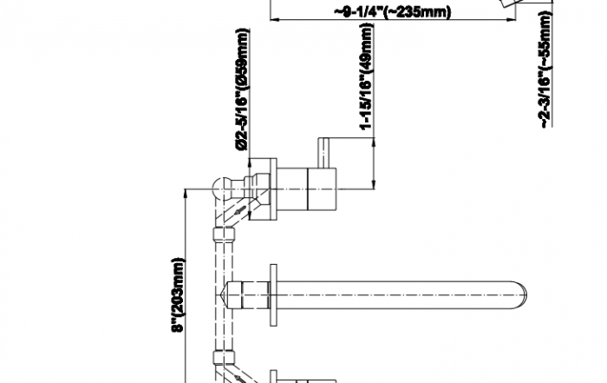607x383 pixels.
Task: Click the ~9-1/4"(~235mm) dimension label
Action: point(393,11)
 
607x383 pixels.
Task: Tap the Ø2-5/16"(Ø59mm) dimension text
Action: point(242,89)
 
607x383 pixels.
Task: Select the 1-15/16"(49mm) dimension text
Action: point(366,76)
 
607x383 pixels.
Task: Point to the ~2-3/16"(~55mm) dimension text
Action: point(545,69)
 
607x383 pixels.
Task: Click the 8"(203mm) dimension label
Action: point(179,294)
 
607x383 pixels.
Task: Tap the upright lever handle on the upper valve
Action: point(323,153)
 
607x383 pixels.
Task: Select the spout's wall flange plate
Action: point(273,295)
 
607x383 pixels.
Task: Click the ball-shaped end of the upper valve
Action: point(223,189)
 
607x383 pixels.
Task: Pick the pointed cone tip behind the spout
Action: point(225,295)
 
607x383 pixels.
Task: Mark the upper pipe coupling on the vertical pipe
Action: point(224,234)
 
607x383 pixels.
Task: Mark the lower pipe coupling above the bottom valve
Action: point(224,357)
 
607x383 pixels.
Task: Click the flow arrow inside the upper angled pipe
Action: point(239,211)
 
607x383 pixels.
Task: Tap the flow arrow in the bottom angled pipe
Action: point(239,379)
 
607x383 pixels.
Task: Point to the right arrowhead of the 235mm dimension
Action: point(511,19)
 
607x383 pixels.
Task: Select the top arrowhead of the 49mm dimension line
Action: point(374,142)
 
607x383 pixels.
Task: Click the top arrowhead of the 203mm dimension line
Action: point(185,195)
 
